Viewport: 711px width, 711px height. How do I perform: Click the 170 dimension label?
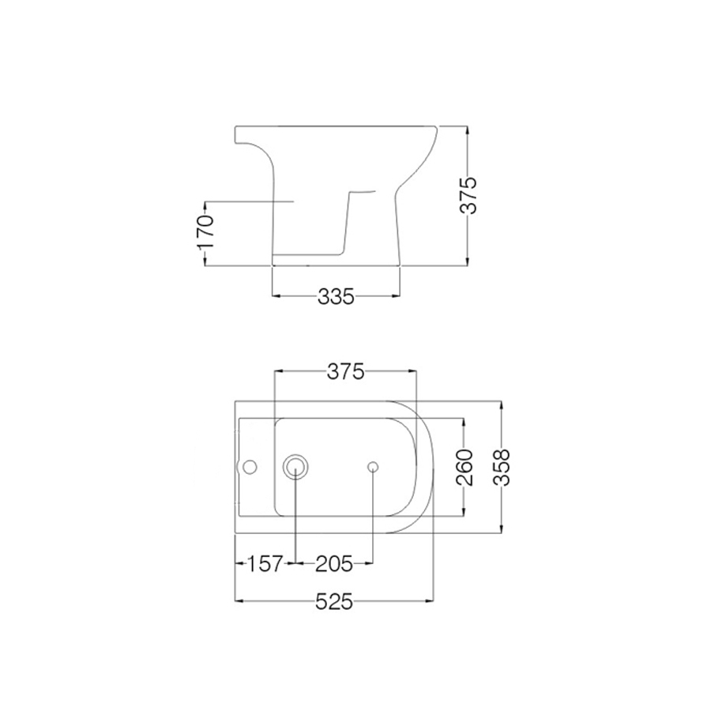[205, 233]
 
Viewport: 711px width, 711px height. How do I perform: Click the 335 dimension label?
[335, 296]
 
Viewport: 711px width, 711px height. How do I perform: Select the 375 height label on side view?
[469, 195]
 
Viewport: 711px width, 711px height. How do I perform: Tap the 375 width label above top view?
[344, 372]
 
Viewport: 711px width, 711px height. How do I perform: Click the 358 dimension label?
[502, 467]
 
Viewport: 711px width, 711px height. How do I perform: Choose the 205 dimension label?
[334, 564]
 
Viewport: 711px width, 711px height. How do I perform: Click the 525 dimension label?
[334, 602]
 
